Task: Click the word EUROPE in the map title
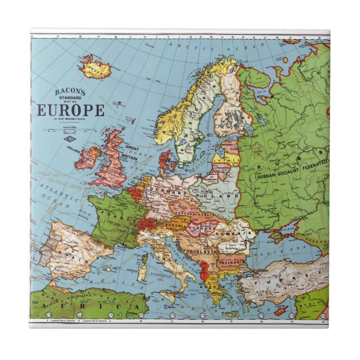(70, 110)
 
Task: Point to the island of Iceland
(94, 69)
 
